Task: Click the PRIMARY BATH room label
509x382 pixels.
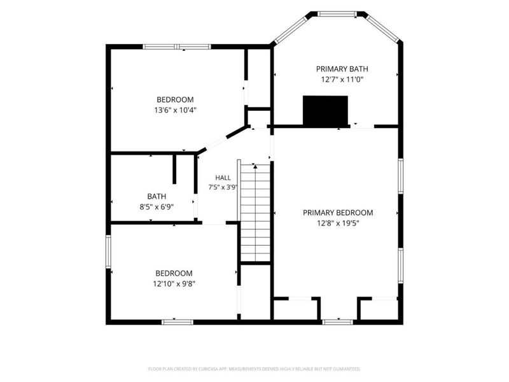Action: [342, 69]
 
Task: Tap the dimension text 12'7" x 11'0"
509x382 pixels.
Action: [342, 79]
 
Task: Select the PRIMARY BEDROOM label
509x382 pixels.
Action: [338, 213]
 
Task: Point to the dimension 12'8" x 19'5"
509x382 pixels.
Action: [338, 223]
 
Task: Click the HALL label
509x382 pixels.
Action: [223, 178]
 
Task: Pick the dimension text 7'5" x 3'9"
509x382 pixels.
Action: [223, 187]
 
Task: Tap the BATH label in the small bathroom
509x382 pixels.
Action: [157, 197]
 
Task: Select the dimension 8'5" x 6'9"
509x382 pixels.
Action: [157, 207]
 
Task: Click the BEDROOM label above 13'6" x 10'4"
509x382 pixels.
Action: [176, 100]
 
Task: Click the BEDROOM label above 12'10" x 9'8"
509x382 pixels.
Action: [174, 273]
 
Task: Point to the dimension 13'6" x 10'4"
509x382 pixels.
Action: [176, 110]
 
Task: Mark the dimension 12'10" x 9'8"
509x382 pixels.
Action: [174, 284]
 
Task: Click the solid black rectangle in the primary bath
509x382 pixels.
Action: [325, 110]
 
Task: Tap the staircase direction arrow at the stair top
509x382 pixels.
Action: [256, 167]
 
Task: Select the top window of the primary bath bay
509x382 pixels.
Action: [337, 13]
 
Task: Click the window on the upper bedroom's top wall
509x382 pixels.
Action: [177, 46]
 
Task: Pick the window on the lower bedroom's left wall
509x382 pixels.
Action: [108, 251]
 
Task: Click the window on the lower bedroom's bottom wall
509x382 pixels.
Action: [178, 322]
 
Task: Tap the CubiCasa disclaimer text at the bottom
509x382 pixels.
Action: [254, 369]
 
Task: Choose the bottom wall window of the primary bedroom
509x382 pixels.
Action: [338, 322]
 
